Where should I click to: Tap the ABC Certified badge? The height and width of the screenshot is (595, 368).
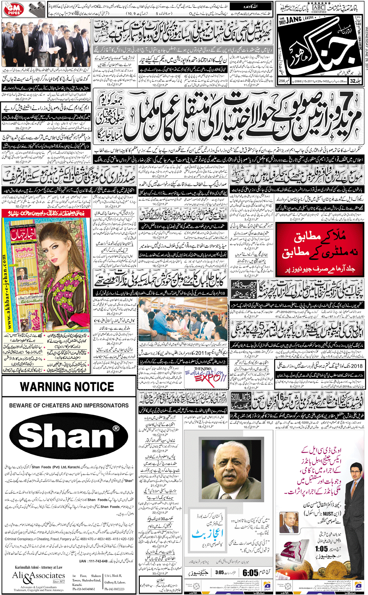pyautogui.click(x=319, y=8)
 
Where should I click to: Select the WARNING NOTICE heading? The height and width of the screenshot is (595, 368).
pyautogui.click(x=67, y=387)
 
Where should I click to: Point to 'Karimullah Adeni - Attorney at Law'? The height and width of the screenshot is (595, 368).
pyautogui.click(x=39, y=567)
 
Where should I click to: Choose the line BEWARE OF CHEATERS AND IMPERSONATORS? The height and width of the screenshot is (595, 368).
pyautogui.click(x=69, y=405)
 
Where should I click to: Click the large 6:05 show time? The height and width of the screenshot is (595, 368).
pyautogui.click(x=250, y=573)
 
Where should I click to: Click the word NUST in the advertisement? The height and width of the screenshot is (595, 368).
pyautogui.click(x=328, y=513)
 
